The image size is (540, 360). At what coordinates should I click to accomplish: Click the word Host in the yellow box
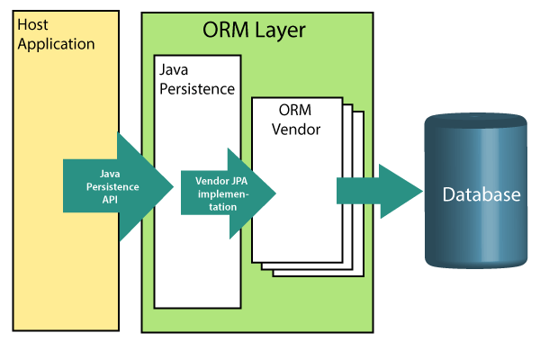point(34,25)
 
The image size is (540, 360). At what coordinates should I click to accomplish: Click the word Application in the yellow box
point(56,43)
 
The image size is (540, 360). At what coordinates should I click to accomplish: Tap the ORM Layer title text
point(254,31)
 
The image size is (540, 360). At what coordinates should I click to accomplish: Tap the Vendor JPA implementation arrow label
point(221,193)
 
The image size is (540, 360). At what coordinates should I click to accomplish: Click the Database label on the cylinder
point(481,195)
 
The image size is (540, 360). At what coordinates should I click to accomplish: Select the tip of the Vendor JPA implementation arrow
point(274,193)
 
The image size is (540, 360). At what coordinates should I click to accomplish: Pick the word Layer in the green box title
point(278,31)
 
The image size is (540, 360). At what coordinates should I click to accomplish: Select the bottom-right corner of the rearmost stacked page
point(364,274)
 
